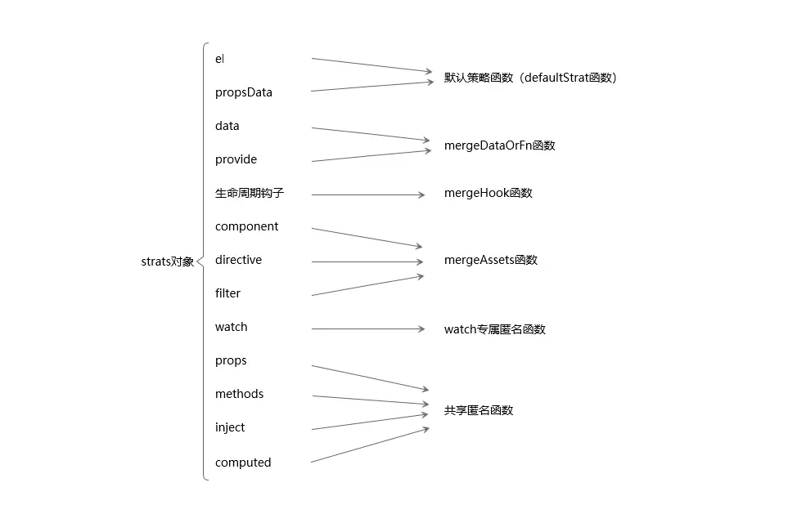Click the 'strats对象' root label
pyautogui.click(x=167, y=262)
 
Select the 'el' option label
pyautogui.click(x=219, y=59)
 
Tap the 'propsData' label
pyautogui.click(x=243, y=92)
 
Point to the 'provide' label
pyautogui.click(x=236, y=159)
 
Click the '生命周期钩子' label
pyautogui.click(x=250, y=193)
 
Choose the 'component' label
pyautogui.click(x=246, y=226)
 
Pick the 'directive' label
pyautogui.click(x=238, y=260)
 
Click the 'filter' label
pyautogui.click(x=227, y=293)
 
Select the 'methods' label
pyautogui.click(x=239, y=394)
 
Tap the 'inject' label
pyautogui.click(x=230, y=427)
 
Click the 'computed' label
pyautogui.click(x=242, y=463)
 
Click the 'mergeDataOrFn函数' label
pyautogui.click(x=499, y=145)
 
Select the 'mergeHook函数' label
pyautogui.click(x=488, y=193)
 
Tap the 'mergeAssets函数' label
pyautogui.click(x=490, y=260)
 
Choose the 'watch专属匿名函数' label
pyautogui.click(x=494, y=329)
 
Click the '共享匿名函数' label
pyautogui.click(x=479, y=410)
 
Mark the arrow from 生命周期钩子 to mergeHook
pyautogui.click(x=368, y=194)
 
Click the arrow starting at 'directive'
pyautogui.click(x=368, y=261)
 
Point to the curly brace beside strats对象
pyautogui.click(x=204, y=261)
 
